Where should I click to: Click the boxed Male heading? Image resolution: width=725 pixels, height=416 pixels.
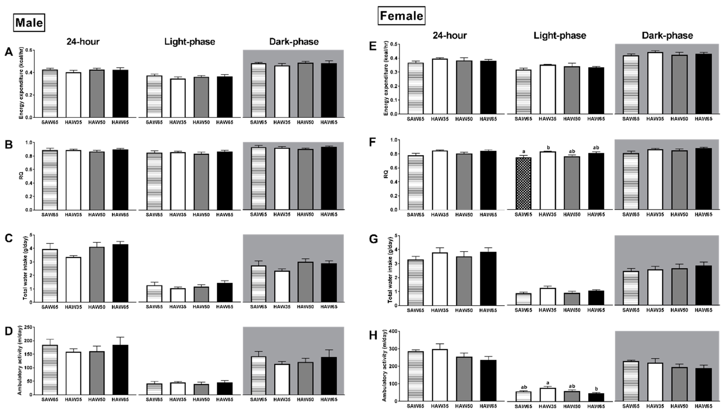pos(29,23)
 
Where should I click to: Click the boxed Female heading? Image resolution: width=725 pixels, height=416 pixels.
pos(401,16)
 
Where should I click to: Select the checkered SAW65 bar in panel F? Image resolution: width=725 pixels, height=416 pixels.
pos(524,183)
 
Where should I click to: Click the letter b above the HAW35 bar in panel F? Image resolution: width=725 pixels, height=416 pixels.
pos(548,147)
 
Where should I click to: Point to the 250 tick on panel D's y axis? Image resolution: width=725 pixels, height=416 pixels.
pos(29,327)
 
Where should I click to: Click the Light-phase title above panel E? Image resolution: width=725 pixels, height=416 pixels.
pos(560,36)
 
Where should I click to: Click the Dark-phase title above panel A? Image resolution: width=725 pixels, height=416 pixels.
pos(294,42)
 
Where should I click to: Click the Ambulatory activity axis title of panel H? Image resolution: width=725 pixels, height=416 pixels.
pos(385,366)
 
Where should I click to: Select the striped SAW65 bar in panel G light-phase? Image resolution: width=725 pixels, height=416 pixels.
pos(524,299)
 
